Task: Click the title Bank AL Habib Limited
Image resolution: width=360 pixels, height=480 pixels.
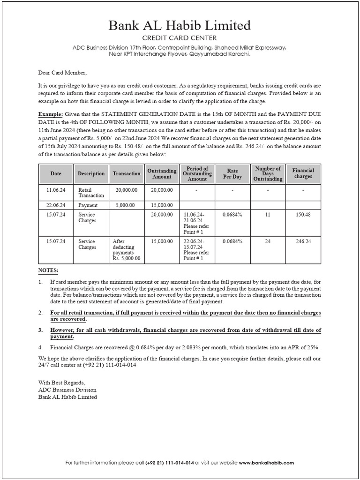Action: tap(180, 25)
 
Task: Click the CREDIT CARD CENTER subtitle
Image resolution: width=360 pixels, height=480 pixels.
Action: tap(180, 38)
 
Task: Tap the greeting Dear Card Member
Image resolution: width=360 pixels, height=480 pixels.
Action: tap(62, 73)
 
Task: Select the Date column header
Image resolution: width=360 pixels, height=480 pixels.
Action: tap(56, 173)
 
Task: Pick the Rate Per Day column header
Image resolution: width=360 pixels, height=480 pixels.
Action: tap(232, 173)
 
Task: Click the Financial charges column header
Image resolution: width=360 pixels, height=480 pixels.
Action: tap(303, 173)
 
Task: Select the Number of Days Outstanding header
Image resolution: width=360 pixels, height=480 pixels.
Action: tap(268, 173)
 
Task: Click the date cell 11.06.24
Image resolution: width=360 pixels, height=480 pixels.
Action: tap(56, 190)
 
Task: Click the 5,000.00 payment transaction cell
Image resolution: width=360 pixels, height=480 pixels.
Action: tap(125, 205)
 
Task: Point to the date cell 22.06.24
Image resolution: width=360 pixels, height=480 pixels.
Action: tap(56, 205)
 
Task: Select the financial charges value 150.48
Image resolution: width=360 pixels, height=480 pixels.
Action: tap(303, 214)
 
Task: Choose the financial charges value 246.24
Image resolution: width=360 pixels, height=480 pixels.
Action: tap(303, 241)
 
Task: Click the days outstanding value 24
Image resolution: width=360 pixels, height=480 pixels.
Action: tap(268, 241)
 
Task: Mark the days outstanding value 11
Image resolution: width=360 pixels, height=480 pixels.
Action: tap(268, 214)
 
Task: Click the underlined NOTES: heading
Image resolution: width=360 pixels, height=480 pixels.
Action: tap(48, 270)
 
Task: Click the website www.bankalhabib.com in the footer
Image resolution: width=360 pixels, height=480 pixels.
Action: tap(266, 463)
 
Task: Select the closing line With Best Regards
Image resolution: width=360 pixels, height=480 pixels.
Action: tap(62, 383)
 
